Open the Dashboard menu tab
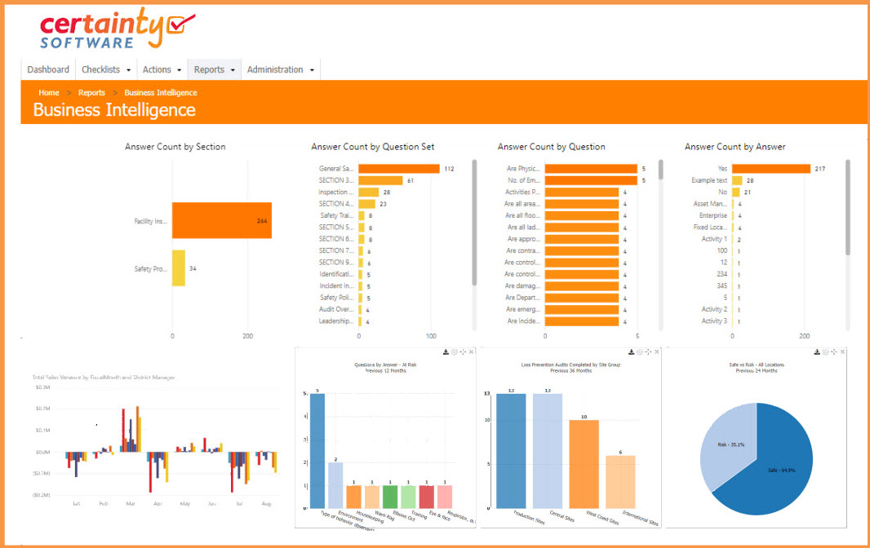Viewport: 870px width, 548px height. pos(48,70)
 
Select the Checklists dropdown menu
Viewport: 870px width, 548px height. pos(106,70)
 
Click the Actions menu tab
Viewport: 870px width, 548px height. pos(162,70)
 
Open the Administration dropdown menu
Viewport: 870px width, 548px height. pos(281,70)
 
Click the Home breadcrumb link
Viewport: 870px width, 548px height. pos(49,93)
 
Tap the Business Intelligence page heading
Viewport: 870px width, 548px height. pos(114,110)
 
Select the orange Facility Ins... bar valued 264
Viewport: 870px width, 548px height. pos(221,221)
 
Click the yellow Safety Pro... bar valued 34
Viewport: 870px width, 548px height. pos(179,268)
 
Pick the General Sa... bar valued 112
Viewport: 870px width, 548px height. pos(398,169)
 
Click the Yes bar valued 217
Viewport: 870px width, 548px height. pos(770,169)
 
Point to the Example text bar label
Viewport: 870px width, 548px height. pos(709,180)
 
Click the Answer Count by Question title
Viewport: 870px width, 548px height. pos(551,147)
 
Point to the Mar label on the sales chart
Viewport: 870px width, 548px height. pos(129,504)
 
